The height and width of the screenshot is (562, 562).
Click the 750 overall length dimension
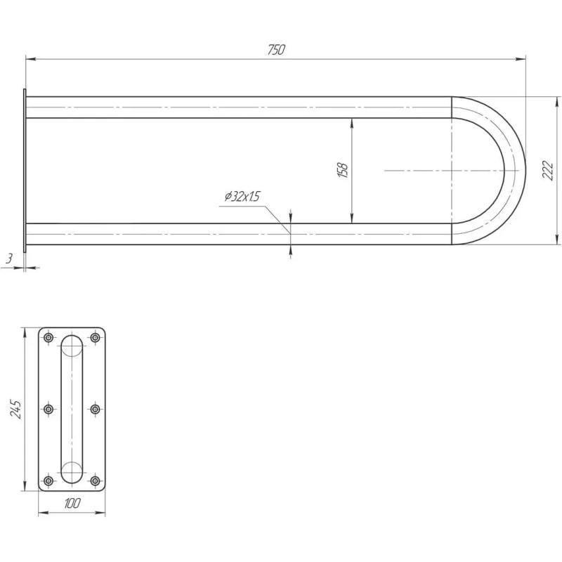(x=276, y=50)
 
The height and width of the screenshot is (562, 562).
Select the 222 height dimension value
(x=548, y=170)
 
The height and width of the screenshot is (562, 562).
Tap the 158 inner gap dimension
(x=343, y=171)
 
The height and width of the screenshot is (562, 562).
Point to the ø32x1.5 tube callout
(x=242, y=197)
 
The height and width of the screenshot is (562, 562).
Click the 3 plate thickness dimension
(x=10, y=258)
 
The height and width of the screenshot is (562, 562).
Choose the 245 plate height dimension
(x=15, y=409)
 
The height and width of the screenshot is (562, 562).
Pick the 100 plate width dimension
(x=72, y=503)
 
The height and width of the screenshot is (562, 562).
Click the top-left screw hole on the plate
(x=48, y=337)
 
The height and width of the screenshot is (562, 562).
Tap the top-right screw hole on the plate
(x=95, y=337)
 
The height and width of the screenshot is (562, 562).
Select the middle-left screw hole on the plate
(x=48, y=409)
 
